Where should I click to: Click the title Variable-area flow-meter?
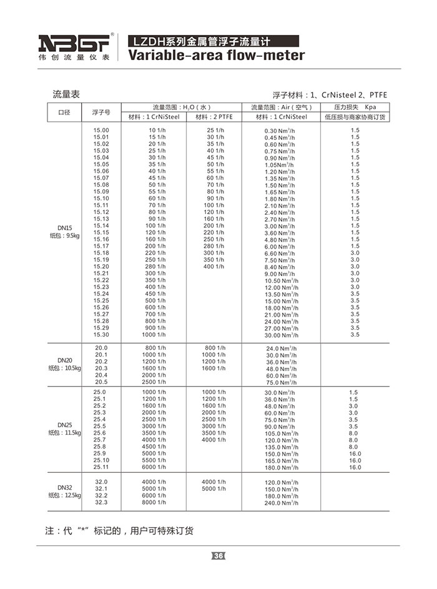[216, 56]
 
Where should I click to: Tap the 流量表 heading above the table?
[66, 94]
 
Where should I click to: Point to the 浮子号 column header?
[101, 112]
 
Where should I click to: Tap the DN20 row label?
[65, 360]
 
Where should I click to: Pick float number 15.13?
[101, 219]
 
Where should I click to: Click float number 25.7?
[100, 440]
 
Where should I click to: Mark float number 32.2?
[101, 495]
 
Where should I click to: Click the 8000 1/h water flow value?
[154, 502]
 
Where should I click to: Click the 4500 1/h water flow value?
[154, 447]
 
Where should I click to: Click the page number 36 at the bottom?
[219, 556]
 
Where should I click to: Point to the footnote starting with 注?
[119, 532]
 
